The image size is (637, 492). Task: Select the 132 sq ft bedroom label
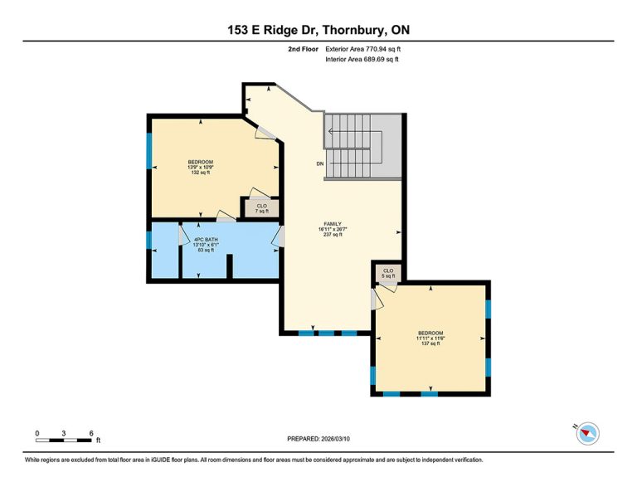(200, 167)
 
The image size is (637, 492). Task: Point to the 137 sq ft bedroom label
(430, 338)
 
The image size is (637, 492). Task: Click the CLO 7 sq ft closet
(261, 208)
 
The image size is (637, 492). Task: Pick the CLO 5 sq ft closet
(388, 273)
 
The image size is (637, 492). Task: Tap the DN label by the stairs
(320, 163)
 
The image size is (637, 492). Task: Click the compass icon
(587, 433)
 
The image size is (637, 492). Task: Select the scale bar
(64, 440)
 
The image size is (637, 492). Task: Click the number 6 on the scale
(91, 433)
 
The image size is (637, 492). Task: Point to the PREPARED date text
(318, 439)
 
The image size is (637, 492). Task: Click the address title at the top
(318, 30)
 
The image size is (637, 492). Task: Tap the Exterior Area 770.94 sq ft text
(363, 49)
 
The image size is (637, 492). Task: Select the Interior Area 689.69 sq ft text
(362, 59)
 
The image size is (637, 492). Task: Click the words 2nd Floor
(303, 49)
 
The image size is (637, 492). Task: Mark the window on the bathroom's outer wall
(149, 240)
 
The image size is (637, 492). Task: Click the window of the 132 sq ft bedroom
(149, 151)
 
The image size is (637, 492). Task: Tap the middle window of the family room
(326, 334)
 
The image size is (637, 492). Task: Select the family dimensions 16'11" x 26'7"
(333, 229)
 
